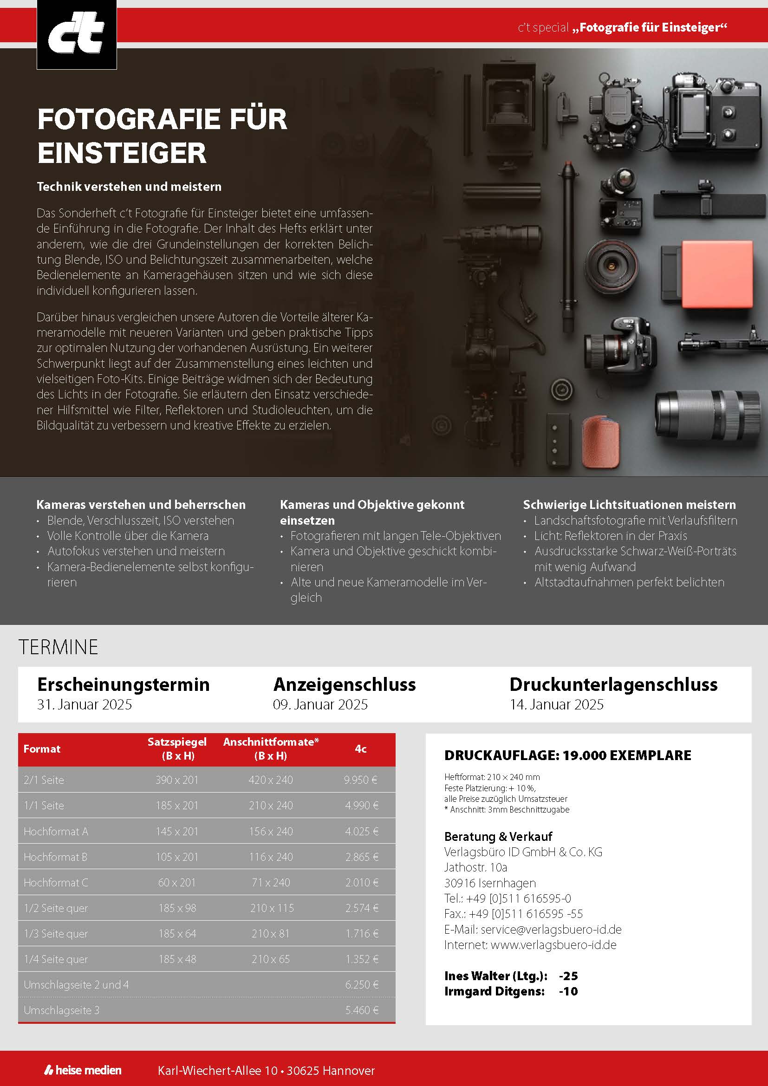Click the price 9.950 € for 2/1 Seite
[x=360, y=780]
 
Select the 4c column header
[x=360, y=749]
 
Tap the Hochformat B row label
[x=55, y=857]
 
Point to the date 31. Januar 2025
[x=84, y=705]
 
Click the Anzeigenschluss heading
[x=344, y=685]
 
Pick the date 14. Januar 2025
[x=556, y=705]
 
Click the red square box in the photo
[x=716, y=274]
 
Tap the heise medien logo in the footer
[x=83, y=1070]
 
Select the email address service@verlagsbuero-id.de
[x=551, y=930]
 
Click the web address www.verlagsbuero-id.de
[x=553, y=945]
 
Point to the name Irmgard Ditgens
[x=494, y=991]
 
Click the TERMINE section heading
[x=58, y=647]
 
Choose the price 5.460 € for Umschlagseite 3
[x=361, y=1010]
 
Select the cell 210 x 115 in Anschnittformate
[x=272, y=908]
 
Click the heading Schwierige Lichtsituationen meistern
[x=629, y=505]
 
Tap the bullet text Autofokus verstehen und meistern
[x=136, y=551]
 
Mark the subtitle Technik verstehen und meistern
[x=129, y=187]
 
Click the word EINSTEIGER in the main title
[x=122, y=153]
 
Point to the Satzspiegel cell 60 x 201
[x=177, y=883]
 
